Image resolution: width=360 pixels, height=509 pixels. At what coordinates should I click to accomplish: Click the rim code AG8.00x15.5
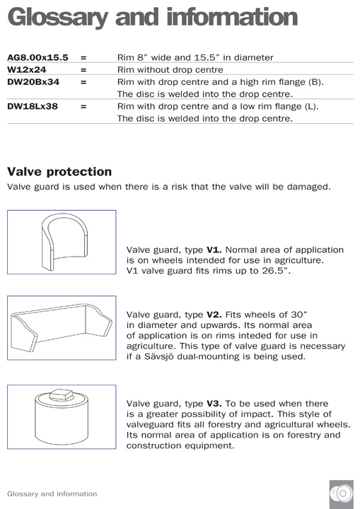pyautogui.click(x=37, y=57)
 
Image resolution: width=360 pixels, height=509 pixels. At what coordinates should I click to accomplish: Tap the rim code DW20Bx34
pyautogui.click(x=33, y=82)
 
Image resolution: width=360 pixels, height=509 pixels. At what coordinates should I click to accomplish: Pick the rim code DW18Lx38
pyautogui.click(x=33, y=107)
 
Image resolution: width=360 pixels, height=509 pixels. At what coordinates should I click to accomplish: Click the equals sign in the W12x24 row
pyautogui.click(x=83, y=70)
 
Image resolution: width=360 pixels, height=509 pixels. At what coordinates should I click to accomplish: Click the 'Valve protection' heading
pyautogui.click(x=59, y=171)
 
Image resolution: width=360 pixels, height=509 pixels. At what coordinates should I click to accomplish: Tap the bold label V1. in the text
pyautogui.click(x=214, y=250)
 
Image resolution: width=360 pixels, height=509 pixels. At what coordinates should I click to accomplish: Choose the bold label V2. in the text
pyautogui.click(x=214, y=314)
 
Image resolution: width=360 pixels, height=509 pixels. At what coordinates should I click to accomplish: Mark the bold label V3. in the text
pyautogui.click(x=214, y=403)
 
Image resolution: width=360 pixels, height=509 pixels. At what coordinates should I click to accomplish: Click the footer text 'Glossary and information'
pyautogui.click(x=52, y=493)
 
